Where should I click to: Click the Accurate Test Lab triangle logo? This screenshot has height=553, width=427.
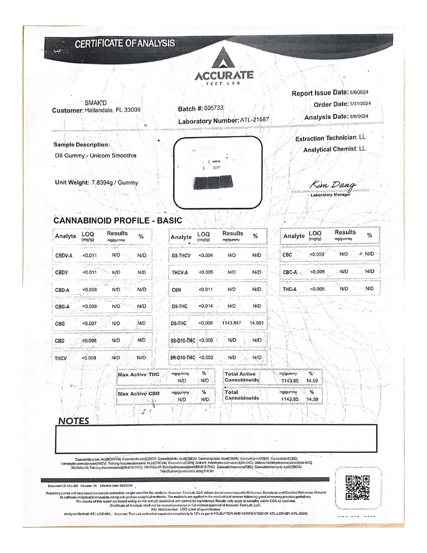(x=224, y=58)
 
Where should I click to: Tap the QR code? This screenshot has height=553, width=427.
(x=357, y=488)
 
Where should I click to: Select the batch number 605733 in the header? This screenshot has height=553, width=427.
(x=213, y=108)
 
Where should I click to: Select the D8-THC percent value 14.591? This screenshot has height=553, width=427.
(x=257, y=323)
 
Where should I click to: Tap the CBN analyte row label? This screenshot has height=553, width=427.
(x=176, y=290)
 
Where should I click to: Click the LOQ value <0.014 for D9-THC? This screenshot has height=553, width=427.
(x=206, y=306)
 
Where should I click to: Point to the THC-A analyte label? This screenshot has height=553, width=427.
(x=289, y=289)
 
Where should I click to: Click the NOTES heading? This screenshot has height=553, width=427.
(x=74, y=421)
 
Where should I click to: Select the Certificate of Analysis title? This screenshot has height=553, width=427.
(x=125, y=44)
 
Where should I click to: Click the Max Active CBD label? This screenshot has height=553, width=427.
(x=139, y=394)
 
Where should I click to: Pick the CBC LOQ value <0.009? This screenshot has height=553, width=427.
(x=316, y=254)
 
